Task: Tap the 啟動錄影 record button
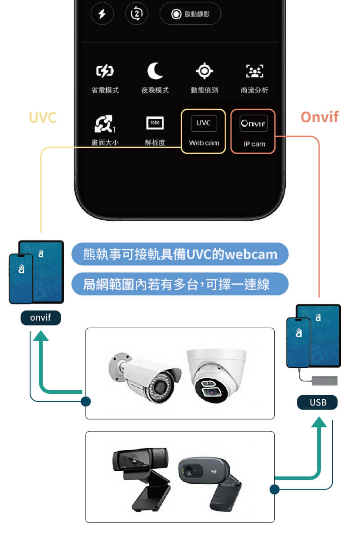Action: point(190,14)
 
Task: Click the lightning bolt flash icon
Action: point(102,14)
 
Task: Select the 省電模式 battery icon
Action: point(105,71)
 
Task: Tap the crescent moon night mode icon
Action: point(155,71)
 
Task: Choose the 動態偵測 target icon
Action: point(204,71)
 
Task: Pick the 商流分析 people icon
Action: point(254,71)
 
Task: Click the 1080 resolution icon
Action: point(155,123)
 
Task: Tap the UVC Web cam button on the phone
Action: point(204,131)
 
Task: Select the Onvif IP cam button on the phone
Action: point(253,131)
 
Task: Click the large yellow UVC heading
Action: point(42,117)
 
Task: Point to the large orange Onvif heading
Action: point(319,117)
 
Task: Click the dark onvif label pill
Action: point(40,318)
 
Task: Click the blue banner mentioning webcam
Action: point(180,254)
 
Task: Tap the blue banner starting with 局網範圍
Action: point(180,284)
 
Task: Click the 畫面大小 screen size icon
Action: point(105,125)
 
